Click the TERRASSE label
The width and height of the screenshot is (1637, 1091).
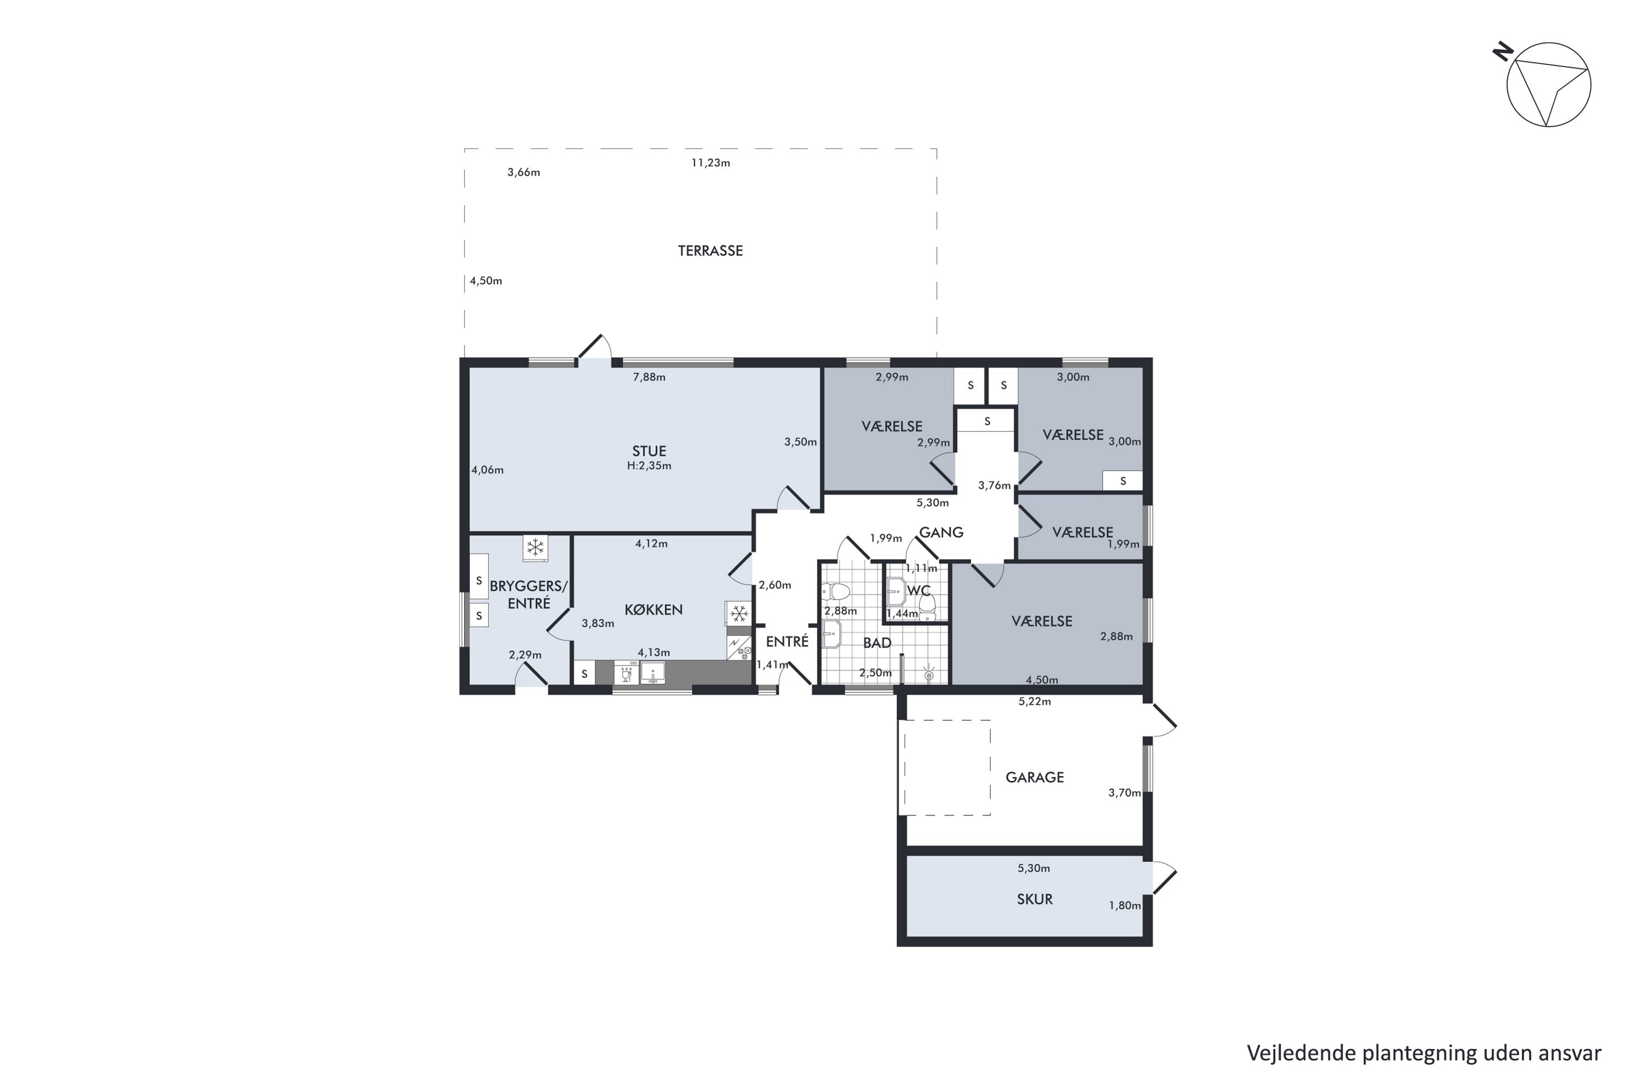coord(710,250)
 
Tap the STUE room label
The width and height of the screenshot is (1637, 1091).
coord(649,451)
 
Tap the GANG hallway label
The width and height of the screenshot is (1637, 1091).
coord(941,532)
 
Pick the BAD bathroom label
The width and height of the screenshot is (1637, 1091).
coord(877,643)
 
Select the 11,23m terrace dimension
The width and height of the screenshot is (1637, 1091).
coord(710,163)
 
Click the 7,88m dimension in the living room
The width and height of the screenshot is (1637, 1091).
coord(649,377)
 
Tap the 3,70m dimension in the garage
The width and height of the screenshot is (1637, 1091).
coord(1125,793)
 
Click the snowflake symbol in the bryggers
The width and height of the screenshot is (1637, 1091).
coord(535,548)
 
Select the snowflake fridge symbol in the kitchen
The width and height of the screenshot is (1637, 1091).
coord(738,614)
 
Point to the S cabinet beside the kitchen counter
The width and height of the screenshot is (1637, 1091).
coord(584,674)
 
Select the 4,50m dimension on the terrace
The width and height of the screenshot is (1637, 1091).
coord(486,281)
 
